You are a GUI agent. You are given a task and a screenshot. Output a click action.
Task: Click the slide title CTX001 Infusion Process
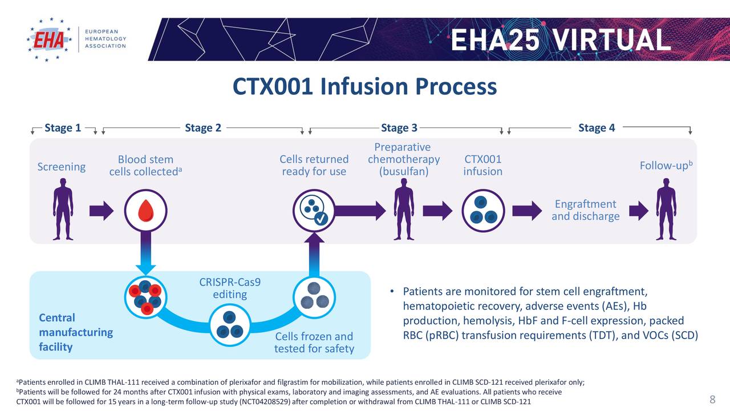point(364,87)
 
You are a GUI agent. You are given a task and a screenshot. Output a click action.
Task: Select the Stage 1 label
point(63,128)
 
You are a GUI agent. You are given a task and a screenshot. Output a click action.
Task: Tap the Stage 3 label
point(399,128)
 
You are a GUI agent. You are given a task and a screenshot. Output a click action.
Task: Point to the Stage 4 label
point(596,128)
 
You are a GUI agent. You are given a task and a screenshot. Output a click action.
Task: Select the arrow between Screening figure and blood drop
point(102,211)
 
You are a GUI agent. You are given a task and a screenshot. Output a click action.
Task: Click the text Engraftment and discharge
point(585,210)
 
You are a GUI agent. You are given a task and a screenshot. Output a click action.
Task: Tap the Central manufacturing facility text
point(76,332)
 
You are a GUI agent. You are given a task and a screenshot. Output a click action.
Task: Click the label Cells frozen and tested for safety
point(314,342)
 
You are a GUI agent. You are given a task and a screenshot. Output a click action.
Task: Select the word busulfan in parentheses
point(403,172)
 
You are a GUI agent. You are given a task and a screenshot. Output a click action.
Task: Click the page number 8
point(712,399)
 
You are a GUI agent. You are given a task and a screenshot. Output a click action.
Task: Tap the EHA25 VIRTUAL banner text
point(560,40)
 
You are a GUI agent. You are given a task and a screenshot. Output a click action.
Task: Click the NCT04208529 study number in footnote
point(265,402)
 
